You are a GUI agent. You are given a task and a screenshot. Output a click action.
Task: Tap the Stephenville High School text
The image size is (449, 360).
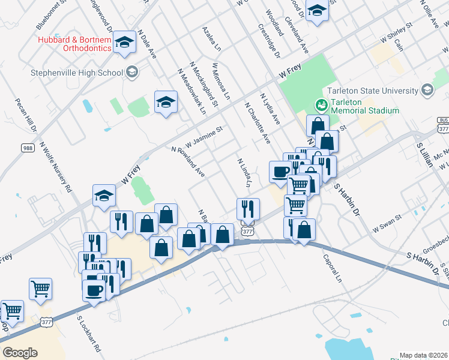(77, 73)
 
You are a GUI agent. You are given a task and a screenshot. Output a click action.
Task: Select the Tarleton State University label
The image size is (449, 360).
(373, 91)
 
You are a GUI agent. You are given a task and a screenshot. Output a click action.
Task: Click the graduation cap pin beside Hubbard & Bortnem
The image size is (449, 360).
(125, 42)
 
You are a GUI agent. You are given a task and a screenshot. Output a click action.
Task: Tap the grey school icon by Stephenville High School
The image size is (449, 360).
(132, 73)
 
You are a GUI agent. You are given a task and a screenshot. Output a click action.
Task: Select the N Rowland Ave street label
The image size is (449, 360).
(188, 162)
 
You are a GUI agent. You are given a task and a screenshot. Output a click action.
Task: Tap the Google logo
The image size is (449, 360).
(20, 352)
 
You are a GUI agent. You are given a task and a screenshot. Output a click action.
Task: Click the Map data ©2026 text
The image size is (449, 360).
(423, 355)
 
